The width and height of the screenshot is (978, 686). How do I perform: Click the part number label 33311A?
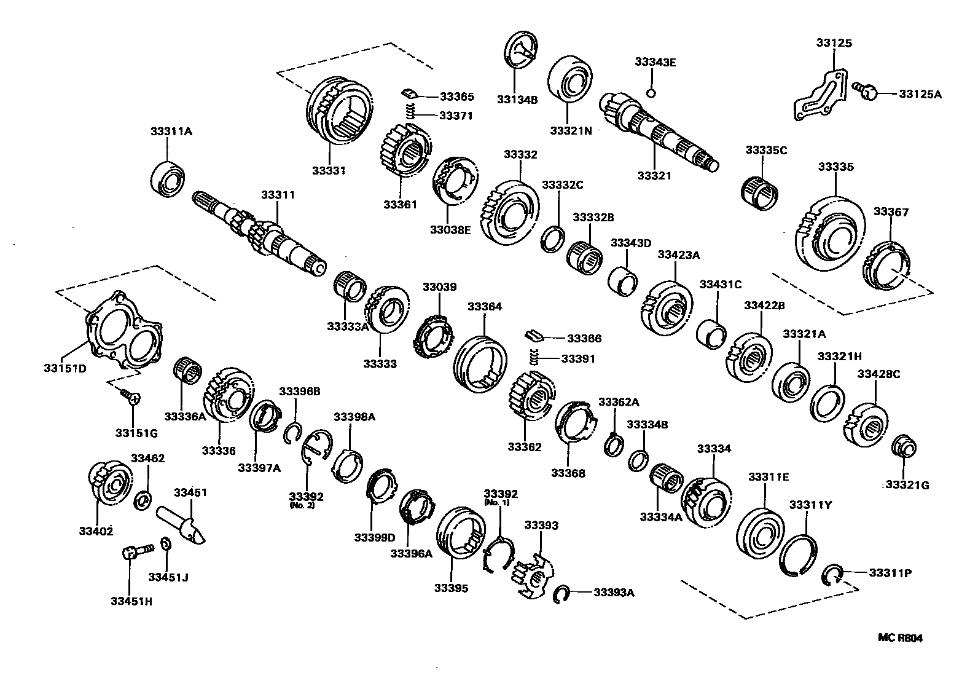(171, 131)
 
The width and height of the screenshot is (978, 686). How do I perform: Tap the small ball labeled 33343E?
(652, 93)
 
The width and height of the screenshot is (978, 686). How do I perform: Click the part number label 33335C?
(765, 150)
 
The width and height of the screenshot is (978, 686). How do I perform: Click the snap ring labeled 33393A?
(560, 594)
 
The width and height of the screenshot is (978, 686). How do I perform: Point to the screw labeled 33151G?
(131, 396)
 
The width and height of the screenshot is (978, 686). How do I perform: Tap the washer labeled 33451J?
(165, 545)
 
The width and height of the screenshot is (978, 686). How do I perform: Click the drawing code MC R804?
(899, 638)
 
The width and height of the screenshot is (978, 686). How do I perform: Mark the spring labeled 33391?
(534, 356)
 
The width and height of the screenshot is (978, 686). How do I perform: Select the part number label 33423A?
(678, 254)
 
